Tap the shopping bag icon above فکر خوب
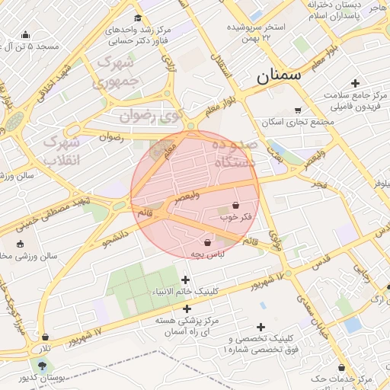coord(235,206)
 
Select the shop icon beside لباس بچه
coord(207,242)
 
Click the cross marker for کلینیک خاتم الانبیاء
coord(186,280)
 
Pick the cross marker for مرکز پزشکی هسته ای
coord(187,308)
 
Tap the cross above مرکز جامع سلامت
coord(355,83)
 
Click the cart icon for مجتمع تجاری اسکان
coord(297,110)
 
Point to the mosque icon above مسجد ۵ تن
coord(26,34)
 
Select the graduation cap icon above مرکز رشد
coord(137,18)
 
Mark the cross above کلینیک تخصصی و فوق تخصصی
coord(263,327)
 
